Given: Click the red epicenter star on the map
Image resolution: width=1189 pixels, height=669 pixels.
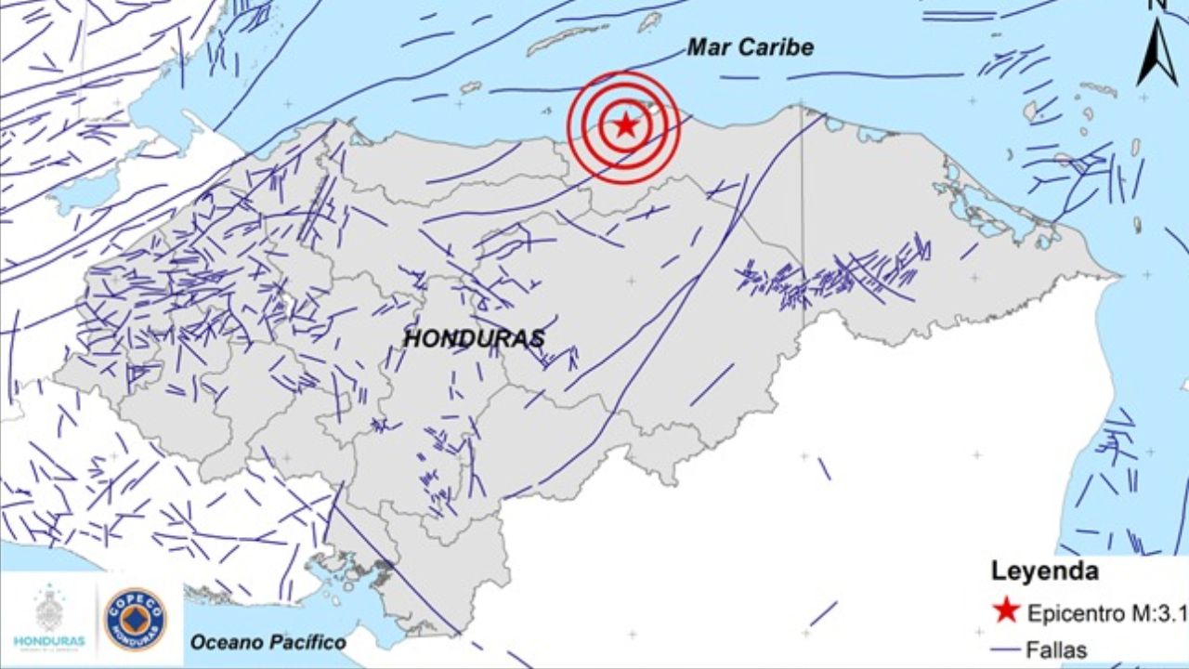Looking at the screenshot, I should [x=626, y=125].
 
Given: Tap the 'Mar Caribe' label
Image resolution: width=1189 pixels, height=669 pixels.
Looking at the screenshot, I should [x=750, y=47].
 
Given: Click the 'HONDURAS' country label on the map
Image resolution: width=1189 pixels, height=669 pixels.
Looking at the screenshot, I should [x=474, y=339].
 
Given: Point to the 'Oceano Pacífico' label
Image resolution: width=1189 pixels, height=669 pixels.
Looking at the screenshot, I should [x=268, y=642].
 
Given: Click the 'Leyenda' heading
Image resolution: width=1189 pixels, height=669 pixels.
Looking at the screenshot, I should [x=1044, y=570].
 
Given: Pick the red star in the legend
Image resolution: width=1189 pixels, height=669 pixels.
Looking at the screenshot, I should [x=1006, y=610].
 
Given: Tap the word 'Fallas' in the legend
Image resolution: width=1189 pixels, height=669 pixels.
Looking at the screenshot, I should [x=1057, y=649].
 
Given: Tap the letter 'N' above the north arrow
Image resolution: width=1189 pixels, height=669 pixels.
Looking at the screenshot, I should [x=1156, y=6].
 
